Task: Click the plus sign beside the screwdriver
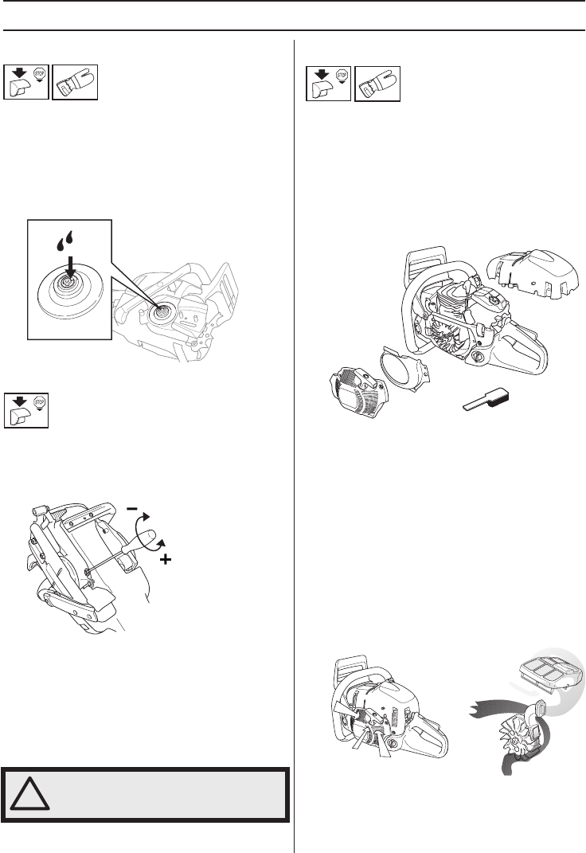(166, 561)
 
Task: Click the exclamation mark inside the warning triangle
(31, 794)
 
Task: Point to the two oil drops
(67, 239)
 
